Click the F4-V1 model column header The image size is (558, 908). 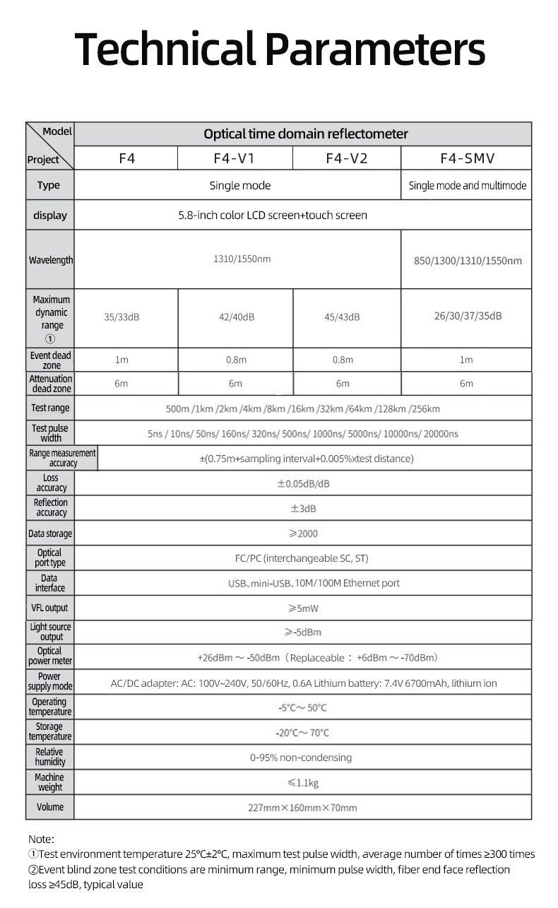tap(234, 158)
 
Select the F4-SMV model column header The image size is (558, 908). tap(465, 158)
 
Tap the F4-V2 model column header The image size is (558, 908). tap(346, 158)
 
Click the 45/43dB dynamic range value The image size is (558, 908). tap(342, 317)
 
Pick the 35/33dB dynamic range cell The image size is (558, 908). tap(122, 317)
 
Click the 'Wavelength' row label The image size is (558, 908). tap(50, 260)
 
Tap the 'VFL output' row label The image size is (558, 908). tap(50, 608)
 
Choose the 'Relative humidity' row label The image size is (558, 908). tap(49, 757)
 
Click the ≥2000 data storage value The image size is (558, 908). tap(302, 533)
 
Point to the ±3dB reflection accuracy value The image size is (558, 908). tap(303, 509)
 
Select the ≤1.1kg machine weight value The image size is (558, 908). tap(302, 782)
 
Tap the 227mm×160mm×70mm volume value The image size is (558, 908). tap(302, 808)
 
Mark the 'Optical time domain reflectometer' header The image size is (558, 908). tap(305, 134)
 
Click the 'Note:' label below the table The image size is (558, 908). tap(41, 839)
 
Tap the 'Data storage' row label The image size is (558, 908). tap(50, 533)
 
